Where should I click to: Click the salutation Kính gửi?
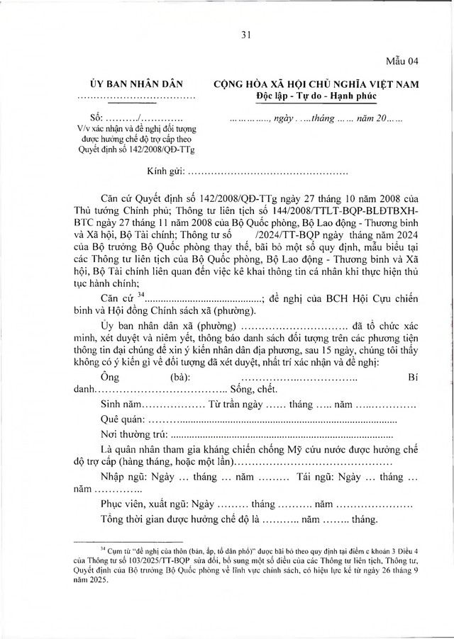[x=166, y=171]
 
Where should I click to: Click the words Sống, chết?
[x=249, y=390]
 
